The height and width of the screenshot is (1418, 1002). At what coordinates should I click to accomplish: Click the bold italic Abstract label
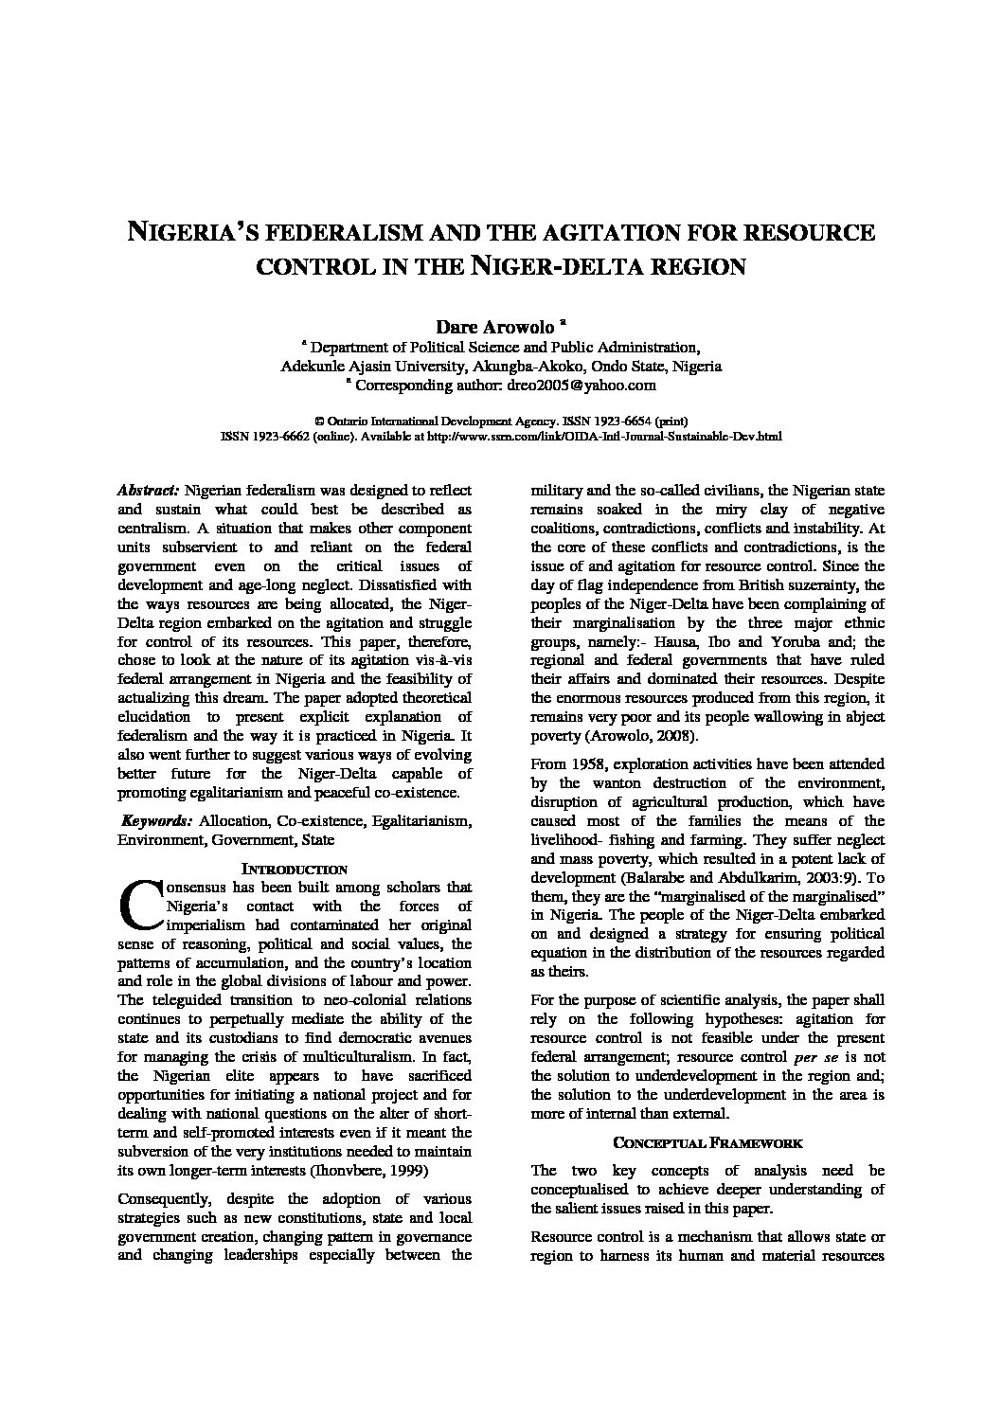click(x=148, y=491)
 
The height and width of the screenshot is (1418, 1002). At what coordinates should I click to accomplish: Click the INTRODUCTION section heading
click(x=295, y=868)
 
